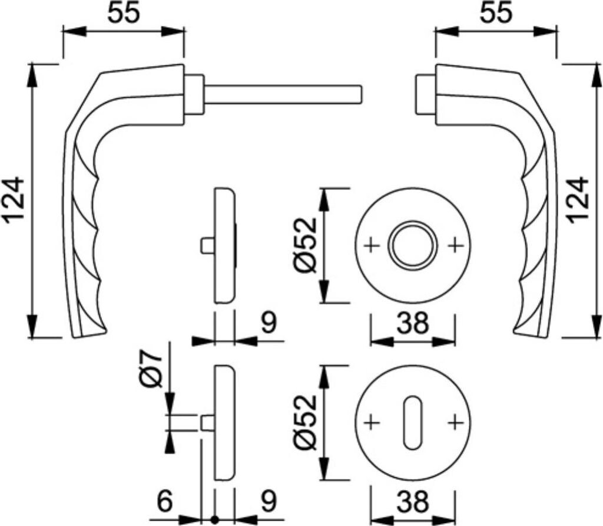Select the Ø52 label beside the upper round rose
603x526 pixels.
point(306,245)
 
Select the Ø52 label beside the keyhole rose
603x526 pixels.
point(306,422)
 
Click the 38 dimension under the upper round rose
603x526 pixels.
point(412,323)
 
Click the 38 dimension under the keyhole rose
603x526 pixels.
point(412,503)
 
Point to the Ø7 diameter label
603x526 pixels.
point(151,370)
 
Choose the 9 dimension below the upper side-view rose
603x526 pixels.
point(268,323)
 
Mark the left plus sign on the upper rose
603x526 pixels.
point(371,245)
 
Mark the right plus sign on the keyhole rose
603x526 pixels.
point(454,422)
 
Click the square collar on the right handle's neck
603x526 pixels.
point(425,94)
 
